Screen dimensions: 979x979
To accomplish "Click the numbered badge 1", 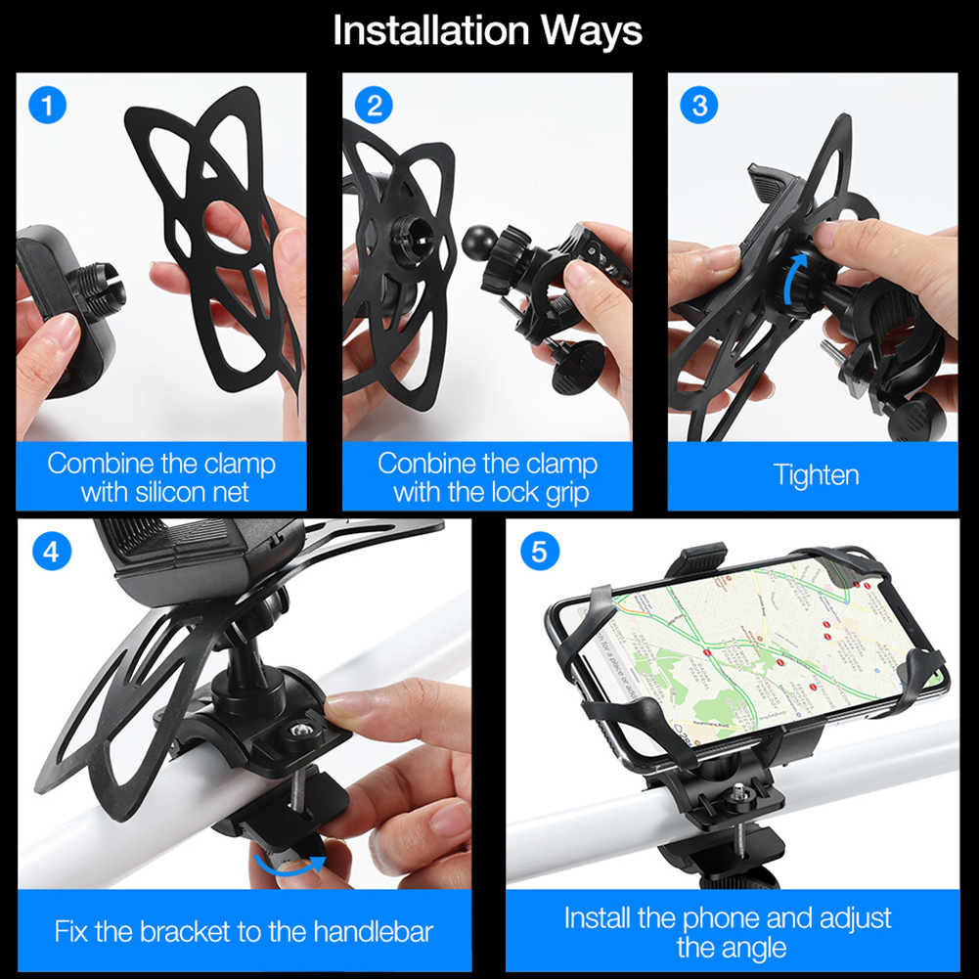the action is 48,105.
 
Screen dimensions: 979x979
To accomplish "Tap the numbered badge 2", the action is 374,105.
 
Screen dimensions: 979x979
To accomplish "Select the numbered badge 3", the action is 698,105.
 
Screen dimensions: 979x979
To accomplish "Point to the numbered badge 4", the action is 51,552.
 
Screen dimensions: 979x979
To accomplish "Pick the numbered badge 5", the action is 540,552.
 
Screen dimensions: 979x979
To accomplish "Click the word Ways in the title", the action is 591,31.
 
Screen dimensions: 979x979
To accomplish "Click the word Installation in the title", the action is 430,30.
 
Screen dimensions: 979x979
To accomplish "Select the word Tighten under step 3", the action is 816,475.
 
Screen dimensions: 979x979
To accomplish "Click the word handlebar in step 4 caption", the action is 374,931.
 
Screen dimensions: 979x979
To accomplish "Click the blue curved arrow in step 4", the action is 289,867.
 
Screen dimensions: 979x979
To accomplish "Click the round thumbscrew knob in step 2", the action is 579,367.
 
